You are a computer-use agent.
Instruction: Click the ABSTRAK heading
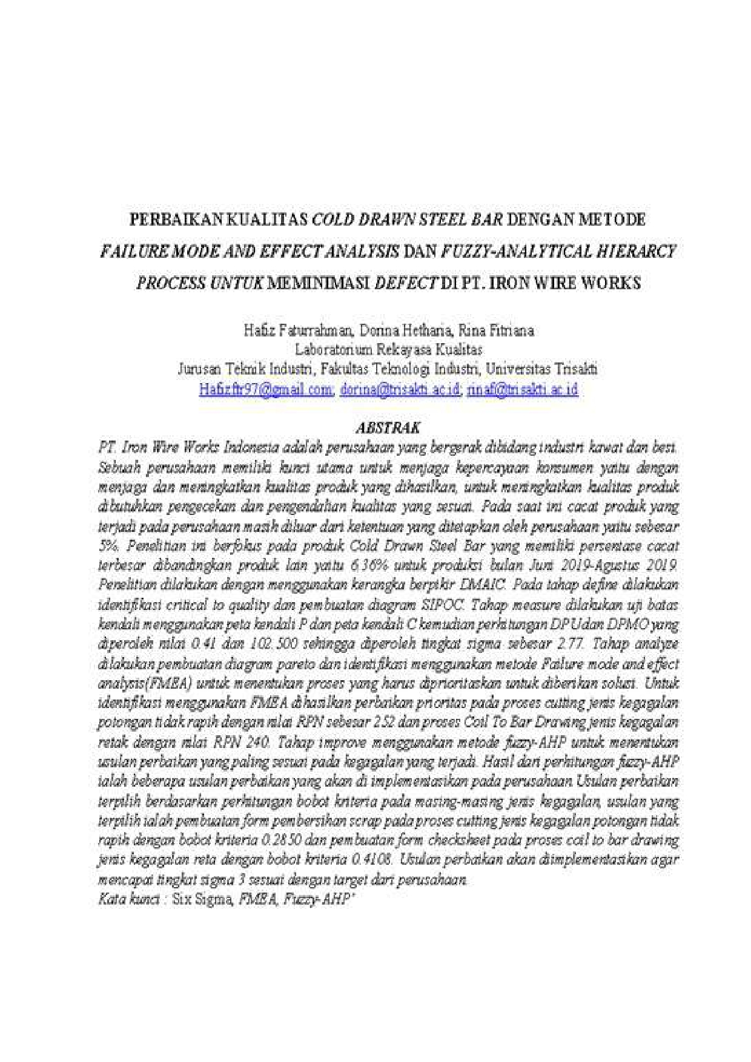click(388, 428)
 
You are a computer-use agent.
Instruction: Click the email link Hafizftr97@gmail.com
click(266, 389)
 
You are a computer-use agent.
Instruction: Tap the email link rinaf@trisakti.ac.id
click(521, 389)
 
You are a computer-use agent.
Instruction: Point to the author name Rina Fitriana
click(496, 331)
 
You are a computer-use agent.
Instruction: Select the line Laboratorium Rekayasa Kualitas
click(388, 350)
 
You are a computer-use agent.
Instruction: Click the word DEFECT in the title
click(406, 283)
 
